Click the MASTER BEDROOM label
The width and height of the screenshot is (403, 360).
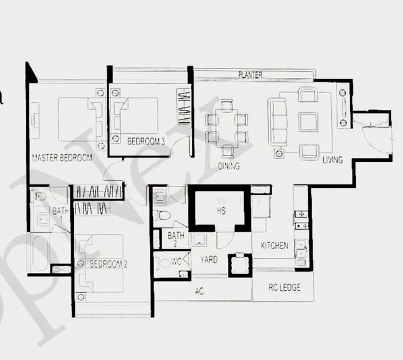[x=62, y=158]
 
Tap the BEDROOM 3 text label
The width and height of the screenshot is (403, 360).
[x=146, y=142]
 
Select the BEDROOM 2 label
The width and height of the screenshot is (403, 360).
[x=109, y=264]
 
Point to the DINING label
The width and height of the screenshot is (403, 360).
[x=228, y=166]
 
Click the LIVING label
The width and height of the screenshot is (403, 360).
[x=332, y=160]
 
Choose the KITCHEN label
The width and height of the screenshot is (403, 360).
[x=274, y=246]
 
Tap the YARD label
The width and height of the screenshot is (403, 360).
[x=209, y=260]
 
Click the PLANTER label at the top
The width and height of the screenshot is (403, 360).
[x=250, y=75]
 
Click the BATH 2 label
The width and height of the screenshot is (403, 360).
[x=176, y=239]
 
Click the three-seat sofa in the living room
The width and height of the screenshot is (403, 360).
[x=277, y=122]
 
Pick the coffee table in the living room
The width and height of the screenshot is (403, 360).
[x=308, y=122]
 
